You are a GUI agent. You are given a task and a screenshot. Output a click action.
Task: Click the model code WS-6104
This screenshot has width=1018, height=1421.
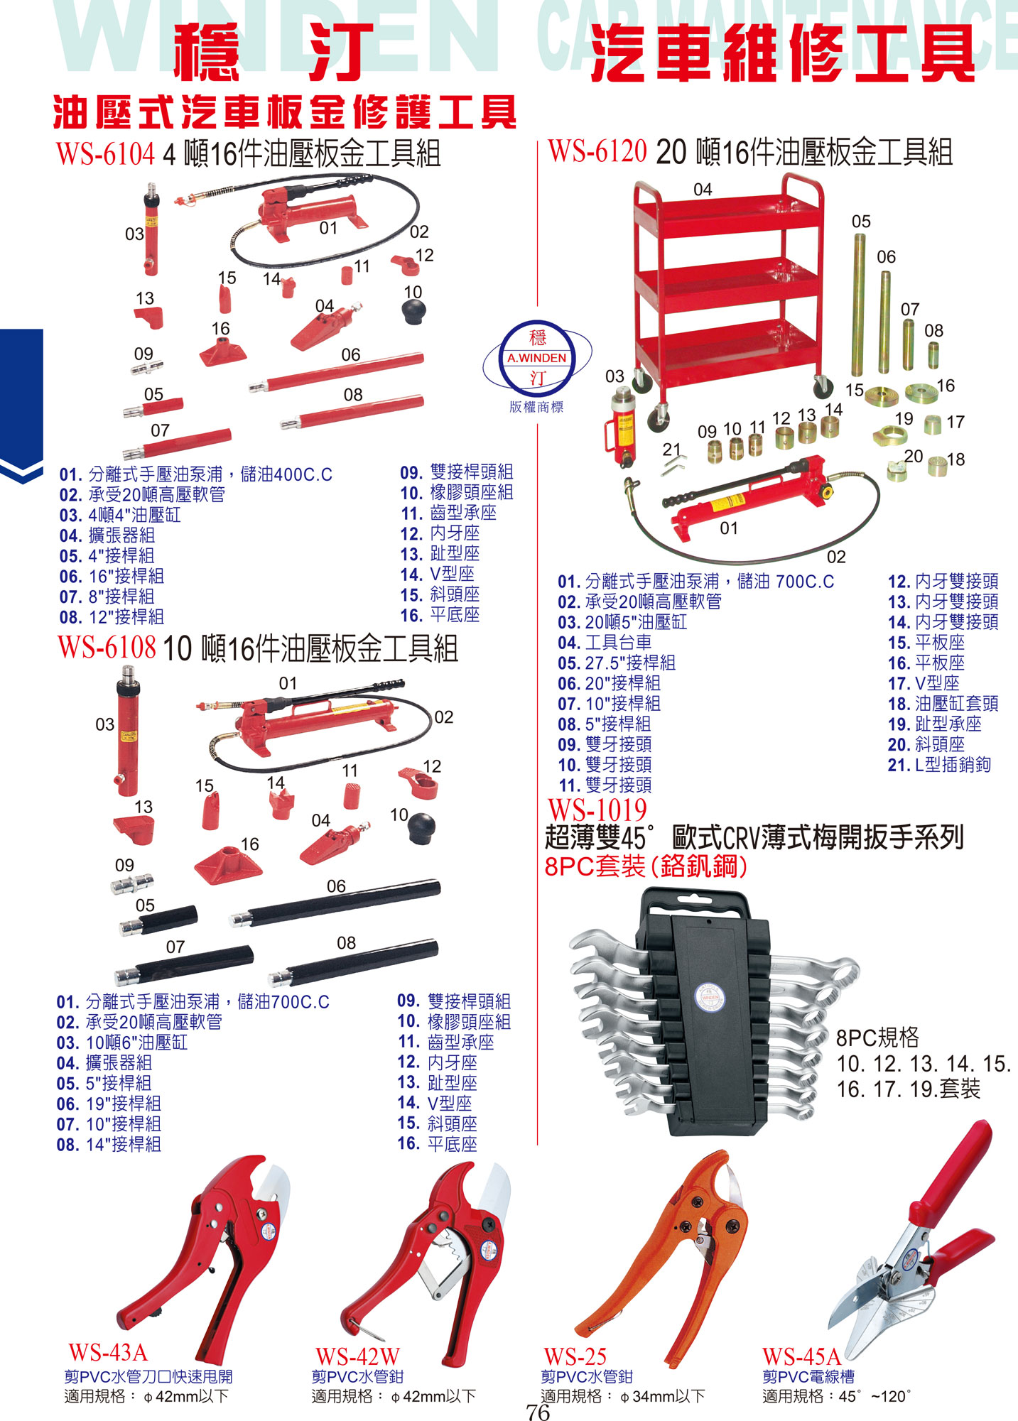tap(105, 153)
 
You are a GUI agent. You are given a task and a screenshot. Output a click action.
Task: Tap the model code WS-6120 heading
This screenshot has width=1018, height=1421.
tap(597, 151)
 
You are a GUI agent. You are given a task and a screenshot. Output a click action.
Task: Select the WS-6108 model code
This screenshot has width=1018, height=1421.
tap(107, 647)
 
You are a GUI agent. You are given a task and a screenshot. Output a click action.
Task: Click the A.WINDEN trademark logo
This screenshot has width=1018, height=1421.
tap(538, 358)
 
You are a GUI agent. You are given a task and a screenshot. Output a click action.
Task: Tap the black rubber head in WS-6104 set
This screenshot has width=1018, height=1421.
tap(413, 311)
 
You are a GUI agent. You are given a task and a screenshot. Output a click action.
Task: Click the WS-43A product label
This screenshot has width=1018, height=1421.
tap(107, 1352)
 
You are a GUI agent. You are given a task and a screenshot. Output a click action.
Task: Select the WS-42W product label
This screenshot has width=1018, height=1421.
tap(357, 1357)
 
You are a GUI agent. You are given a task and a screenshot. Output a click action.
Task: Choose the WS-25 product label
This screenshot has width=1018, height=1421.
tap(575, 1357)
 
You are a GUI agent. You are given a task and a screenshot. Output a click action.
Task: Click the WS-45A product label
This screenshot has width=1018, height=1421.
tap(801, 1357)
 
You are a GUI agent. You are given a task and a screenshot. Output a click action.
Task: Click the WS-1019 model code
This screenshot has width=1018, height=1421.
tap(597, 810)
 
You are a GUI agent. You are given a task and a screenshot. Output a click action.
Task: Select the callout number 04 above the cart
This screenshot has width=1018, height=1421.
tap(703, 190)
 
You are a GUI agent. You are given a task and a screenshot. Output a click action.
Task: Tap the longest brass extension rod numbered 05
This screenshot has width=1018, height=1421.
tap(859, 305)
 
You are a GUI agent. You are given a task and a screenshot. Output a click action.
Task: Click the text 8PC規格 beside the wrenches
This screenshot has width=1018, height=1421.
tap(877, 1038)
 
